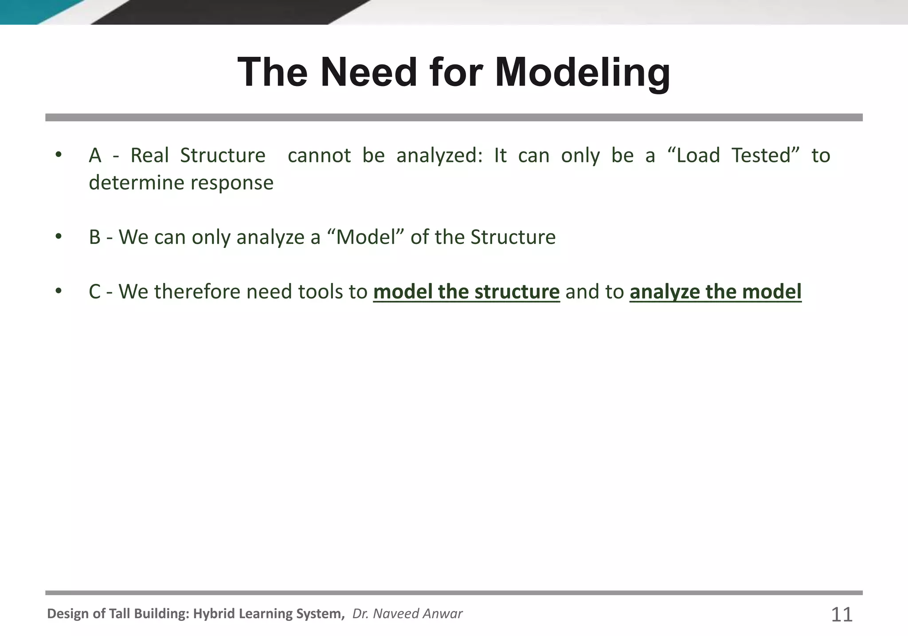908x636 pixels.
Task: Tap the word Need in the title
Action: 368,72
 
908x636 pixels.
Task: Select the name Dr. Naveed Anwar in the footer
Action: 407,614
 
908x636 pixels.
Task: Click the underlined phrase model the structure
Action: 466,292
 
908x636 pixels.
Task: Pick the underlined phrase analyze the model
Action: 715,292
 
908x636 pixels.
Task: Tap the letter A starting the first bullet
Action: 94,156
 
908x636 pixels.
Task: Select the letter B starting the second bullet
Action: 94,237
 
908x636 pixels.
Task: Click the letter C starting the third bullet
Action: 94,292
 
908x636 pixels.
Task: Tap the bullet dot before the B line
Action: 59,236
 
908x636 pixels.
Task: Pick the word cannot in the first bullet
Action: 319,156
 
